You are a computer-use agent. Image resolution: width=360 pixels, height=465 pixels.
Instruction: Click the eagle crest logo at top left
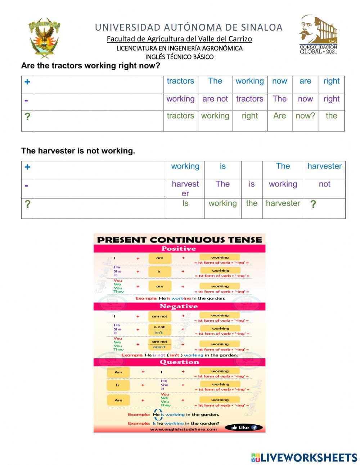click(x=44, y=37)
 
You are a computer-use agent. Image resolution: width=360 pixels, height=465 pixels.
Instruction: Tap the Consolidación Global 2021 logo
click(x=318, y=35)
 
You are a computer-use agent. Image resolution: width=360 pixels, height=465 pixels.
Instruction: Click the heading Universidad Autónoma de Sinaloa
click(x=189, y=27)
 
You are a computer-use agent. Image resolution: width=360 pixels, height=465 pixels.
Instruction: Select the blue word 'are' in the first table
click(x=305, y=81)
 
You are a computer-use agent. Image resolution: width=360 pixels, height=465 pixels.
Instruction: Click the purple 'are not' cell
click(x=215, y=99)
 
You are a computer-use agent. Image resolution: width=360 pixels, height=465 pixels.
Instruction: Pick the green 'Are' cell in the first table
click(x=279, y=116)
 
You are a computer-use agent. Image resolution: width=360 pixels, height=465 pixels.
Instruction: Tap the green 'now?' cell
click(x=305, y=116)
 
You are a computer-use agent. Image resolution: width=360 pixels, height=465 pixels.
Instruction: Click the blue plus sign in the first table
click(x=27, y=82)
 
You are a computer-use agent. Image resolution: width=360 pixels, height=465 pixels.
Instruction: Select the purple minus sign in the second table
click(x=26, y=185)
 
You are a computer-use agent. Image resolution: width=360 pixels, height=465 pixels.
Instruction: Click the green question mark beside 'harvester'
click(x=313, y=204)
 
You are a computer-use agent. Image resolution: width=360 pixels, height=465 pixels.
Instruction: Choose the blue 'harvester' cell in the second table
click(x=324, y=166)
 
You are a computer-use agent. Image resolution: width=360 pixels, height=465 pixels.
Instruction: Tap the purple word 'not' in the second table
click(x=324, y=184)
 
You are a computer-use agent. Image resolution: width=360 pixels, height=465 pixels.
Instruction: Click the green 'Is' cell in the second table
click(x=185, y=204)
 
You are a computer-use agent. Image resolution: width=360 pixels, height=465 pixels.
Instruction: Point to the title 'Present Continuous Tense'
click(x=179, y=240)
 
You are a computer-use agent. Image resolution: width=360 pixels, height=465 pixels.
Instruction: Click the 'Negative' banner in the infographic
click(x=179, y=307)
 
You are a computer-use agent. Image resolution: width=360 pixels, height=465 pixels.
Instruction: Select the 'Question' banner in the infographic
click(x=179, y=362)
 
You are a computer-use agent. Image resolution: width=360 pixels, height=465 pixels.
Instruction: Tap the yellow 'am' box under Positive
click(x=159, y=258)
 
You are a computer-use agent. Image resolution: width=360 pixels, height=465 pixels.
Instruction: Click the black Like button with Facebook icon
click(x=244, y=428)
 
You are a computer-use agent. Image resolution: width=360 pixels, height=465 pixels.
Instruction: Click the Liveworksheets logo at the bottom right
click(x=304, y=457)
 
